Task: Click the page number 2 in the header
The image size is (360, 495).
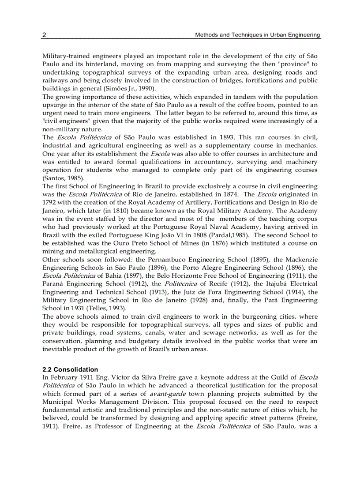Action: point(44,35)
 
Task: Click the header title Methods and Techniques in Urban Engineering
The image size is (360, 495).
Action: point(258,35)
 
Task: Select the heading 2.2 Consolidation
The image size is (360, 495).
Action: point(70,369)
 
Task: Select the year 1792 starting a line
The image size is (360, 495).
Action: point(49,202)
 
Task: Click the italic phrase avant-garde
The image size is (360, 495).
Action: point(164,394)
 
